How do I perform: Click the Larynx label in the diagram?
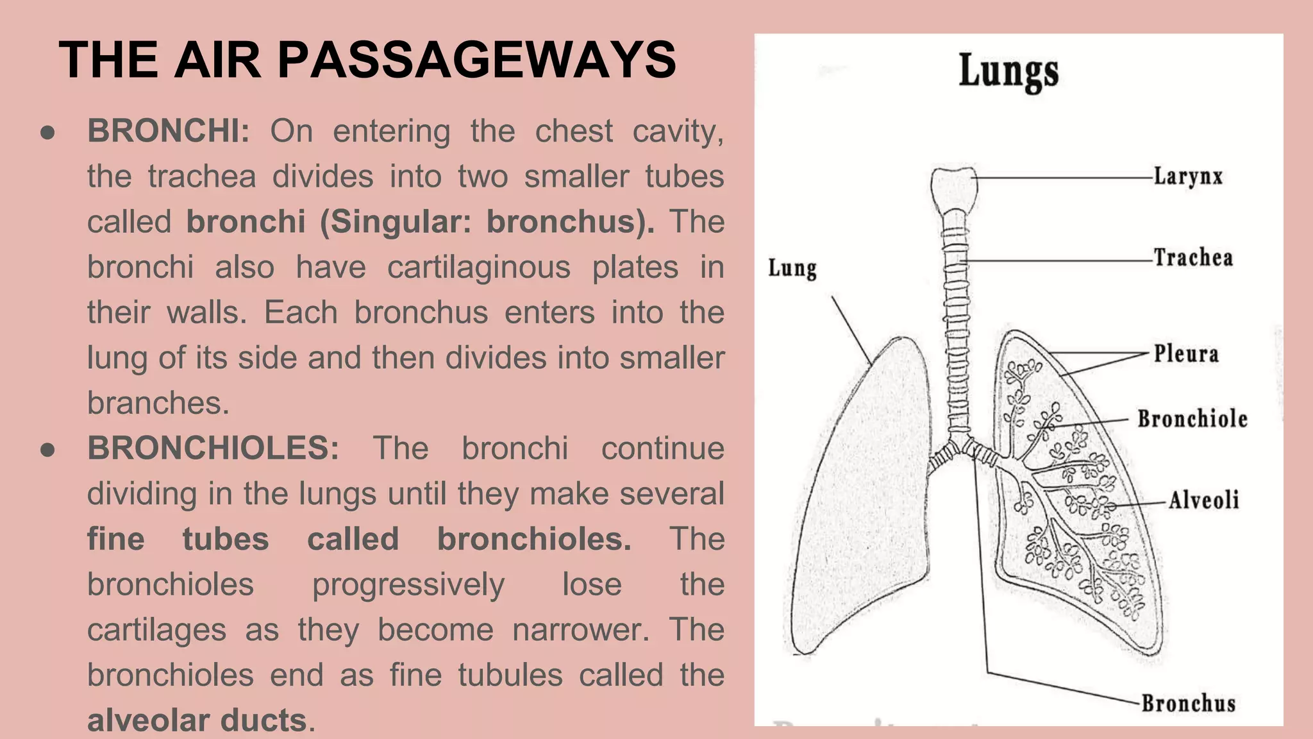1188,176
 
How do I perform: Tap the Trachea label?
1193,258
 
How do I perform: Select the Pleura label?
1186,353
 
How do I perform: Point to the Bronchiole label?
1192,419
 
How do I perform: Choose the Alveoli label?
1203,500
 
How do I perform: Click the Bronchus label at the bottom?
1188,703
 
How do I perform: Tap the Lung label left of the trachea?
792,268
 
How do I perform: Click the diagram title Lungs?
1008,72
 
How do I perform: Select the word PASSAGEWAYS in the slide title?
476,60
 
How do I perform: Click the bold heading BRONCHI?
169,131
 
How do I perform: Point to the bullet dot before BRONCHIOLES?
47,450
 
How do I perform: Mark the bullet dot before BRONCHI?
47,133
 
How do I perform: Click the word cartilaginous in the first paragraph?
478,268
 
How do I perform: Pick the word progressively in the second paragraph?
408,584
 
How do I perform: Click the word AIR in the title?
217,60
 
